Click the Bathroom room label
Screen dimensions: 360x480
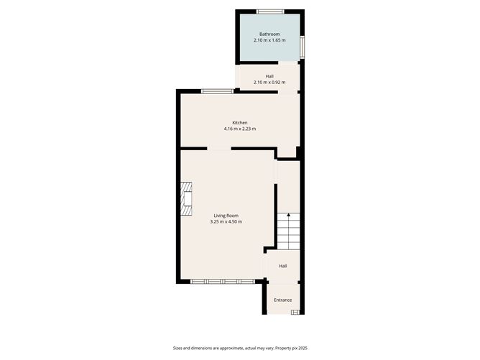(x=269, y=34)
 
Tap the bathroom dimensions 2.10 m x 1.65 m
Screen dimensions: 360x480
(x=269, y=40)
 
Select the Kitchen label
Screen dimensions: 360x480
(x=240, y=122)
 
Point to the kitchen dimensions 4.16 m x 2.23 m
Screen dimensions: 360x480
(x=240, y=129)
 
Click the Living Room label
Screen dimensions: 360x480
(x=226, y=216)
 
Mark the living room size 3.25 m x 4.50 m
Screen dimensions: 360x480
(x=226, y=222)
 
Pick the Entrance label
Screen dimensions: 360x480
(x=283, y=300)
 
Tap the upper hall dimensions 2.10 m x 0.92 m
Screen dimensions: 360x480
(x=269, y=83)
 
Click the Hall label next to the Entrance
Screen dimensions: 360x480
(x=283, y=267)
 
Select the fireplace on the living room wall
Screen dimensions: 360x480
(x=187, y=198)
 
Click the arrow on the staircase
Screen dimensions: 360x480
(x=288, y=214)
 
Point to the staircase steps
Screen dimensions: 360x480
(x=287, y=231)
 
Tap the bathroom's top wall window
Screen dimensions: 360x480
(x=271, y=11)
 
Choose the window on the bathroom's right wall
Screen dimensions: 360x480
(x=303, y=46)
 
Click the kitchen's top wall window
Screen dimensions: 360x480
(x=217, y=91)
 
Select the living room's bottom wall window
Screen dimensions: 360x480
(x=221, y=281)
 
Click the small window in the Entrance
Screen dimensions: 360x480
(x=296, y=312)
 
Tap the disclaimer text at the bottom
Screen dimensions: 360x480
(x=240, y=347)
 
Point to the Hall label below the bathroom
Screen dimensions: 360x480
(x=269, y=76)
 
